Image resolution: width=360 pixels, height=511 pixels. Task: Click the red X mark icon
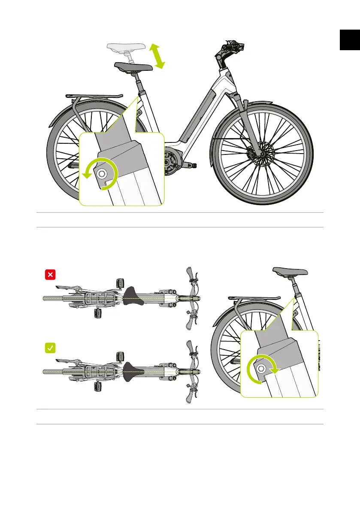[50, 274]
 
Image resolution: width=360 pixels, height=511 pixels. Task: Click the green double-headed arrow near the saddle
[158, 56]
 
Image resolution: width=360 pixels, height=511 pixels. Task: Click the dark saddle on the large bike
[133, 67]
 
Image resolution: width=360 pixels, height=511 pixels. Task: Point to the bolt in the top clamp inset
[102, 174]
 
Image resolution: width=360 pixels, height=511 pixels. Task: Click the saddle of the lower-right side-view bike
[290, 272]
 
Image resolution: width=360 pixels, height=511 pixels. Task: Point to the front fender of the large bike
[275, 107]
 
